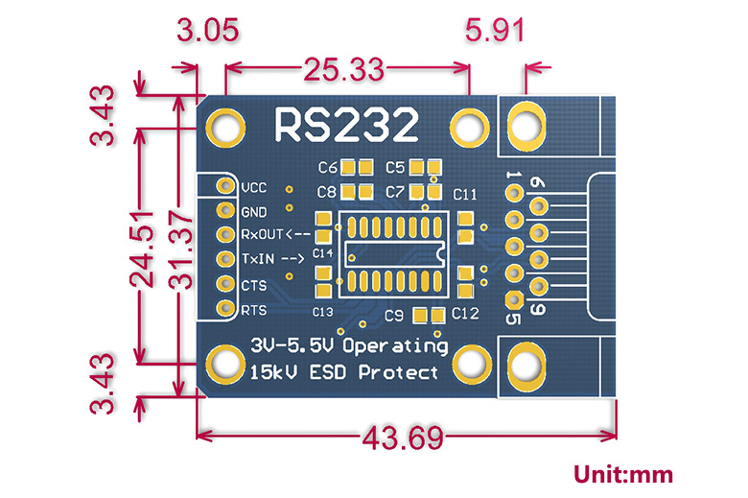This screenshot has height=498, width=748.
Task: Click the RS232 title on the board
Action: pos(346,125)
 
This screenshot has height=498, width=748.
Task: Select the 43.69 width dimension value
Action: pos(403,439)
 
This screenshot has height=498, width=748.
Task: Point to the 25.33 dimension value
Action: pos(344,68)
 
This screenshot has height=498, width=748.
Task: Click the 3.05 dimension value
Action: pos(207,31)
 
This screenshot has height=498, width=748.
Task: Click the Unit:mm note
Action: pos(623,474)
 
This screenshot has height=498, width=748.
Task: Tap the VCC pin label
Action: pos(254,187)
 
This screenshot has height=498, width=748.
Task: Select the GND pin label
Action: pos(254,211)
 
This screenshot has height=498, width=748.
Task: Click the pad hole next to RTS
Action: pos(225,309)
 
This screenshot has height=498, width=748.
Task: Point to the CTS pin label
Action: pos(253,285)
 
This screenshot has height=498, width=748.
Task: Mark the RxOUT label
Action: pos(275,234)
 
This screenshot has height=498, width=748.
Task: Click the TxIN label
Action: pos(271,258)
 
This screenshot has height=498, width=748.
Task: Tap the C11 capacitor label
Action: pos(465,195)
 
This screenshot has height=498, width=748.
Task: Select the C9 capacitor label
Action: pos(392,315)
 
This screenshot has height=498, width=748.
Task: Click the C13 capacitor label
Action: pos(322,312)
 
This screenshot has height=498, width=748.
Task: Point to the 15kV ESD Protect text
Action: pos(343,372)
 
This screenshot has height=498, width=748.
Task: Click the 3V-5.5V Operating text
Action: pos(347,344)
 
